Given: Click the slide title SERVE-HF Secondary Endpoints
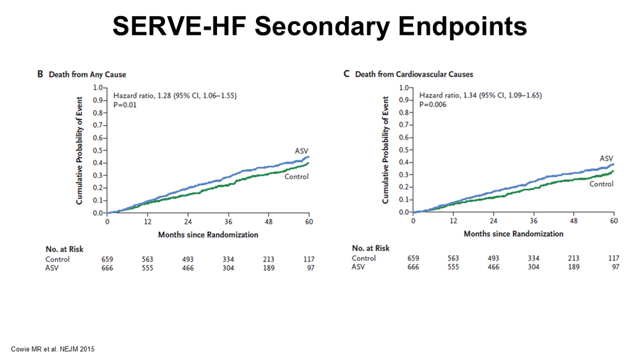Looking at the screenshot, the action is [320, 26].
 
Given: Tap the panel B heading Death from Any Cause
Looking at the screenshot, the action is [87, 75].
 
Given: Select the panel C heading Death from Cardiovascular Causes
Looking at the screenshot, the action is [414, 74].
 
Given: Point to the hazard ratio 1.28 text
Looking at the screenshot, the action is [175, 95].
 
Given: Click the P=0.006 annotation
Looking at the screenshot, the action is [433, 105].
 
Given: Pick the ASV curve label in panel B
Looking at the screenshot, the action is [302, 151].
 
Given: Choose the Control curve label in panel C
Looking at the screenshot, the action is [601, 184].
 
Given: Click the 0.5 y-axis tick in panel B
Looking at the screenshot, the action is [98, 150].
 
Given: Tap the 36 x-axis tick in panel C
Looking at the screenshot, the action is [534, 221].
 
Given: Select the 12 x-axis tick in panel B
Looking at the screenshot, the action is [147, 221].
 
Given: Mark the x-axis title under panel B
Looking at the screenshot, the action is [208, 234].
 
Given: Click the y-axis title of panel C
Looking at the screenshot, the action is [385, 150].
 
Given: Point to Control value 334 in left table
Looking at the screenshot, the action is [228, 259].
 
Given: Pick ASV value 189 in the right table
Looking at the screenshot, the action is [573, 267].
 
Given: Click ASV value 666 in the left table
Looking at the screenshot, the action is [108, 268].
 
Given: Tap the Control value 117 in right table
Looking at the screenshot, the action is [613, 258].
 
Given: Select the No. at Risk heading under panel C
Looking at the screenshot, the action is [370, 248].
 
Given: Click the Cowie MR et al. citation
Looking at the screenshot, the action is [53, 349].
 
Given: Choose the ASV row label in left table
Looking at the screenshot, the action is [52, 268].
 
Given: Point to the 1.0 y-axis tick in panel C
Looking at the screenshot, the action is [404, 88].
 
